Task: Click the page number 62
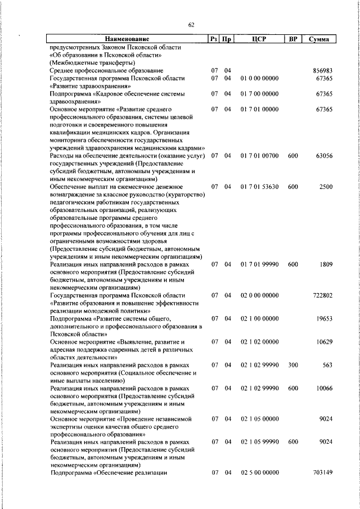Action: click(191, 25)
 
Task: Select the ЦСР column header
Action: click(259, 39)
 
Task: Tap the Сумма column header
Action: click(319, 39)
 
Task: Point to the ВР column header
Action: click(292, 39)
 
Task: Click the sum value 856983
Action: click(323, 70)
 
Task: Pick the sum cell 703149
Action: click(323, 472)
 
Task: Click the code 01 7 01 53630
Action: click(259, 186)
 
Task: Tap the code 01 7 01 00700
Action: click(259, 155)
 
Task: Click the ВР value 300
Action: click(292, 364)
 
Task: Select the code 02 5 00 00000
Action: click(259, 472)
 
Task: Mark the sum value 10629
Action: click(325, 341)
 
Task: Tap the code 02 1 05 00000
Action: click(259, 418)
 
